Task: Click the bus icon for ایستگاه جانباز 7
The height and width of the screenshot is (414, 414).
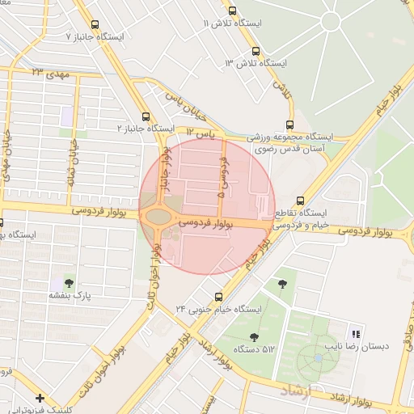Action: [96, 25]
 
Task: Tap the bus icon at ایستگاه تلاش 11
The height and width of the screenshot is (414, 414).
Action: [233, 11]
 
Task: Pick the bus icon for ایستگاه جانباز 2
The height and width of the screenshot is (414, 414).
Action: [146, 116]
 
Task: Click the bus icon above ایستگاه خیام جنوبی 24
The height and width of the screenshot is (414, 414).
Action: [218, 296]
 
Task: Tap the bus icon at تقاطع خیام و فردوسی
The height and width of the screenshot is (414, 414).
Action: [301, 201]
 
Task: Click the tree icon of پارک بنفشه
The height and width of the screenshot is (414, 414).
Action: [69, 283]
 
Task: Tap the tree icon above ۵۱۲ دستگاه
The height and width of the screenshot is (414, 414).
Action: [255, 336]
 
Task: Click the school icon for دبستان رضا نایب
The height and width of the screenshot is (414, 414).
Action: [355, 334]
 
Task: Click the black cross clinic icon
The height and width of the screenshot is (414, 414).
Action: [40, 398]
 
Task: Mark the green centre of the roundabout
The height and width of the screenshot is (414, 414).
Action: [158, 216]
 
